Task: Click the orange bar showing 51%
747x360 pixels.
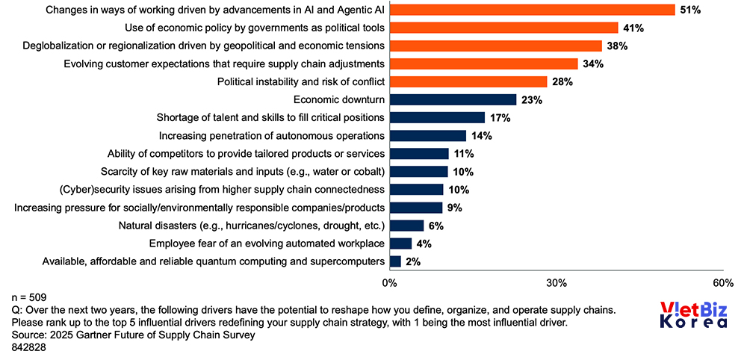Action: pos(532,10)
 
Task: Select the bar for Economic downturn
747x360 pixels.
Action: pos(453,99)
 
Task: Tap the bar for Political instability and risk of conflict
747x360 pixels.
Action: pos(468,81)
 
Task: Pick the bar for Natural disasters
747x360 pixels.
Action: pos(406,225)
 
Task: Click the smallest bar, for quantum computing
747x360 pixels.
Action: pos(395,261)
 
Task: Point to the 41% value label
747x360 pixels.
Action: pos(634,28)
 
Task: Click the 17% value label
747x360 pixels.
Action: pos(500,117)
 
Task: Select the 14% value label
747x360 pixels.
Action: pos(481,135)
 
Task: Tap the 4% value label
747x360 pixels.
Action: pos(422,243)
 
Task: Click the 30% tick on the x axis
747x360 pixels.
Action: pos(557,283)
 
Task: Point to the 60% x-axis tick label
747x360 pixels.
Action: pos(723,283)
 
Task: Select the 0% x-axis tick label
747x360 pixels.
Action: pos(389,283)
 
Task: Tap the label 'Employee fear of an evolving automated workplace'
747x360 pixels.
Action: pos(267,243)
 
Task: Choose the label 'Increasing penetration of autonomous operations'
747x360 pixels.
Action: pos(272,135)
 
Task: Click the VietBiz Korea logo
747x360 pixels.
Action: pos(694,314)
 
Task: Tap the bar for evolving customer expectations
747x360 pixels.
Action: pos(483,63)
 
